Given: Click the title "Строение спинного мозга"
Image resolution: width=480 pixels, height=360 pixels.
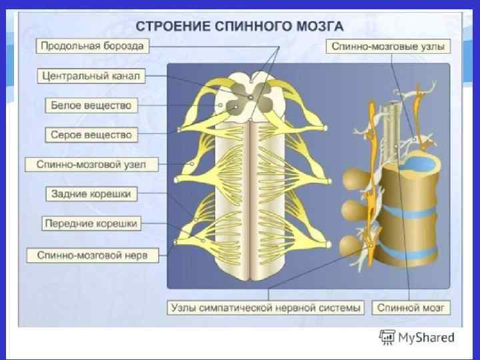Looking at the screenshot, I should click(240, 27).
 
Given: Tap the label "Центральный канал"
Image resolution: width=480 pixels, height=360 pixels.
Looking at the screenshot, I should click(91, 76).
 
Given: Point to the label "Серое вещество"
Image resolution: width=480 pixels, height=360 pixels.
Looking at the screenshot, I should click(91, 135).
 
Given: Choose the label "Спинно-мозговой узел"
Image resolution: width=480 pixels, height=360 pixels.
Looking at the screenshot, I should click(91, 164).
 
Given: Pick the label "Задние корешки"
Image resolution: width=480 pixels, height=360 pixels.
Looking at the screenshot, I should click(91, 194).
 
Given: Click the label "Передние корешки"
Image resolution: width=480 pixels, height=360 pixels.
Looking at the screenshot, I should click(91, 224).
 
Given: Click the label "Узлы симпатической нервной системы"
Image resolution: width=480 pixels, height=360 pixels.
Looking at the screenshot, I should click(266, 308).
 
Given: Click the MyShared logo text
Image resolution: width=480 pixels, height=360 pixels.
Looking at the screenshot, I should click(426, 338).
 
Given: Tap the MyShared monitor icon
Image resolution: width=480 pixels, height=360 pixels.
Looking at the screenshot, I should click(386, 337).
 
